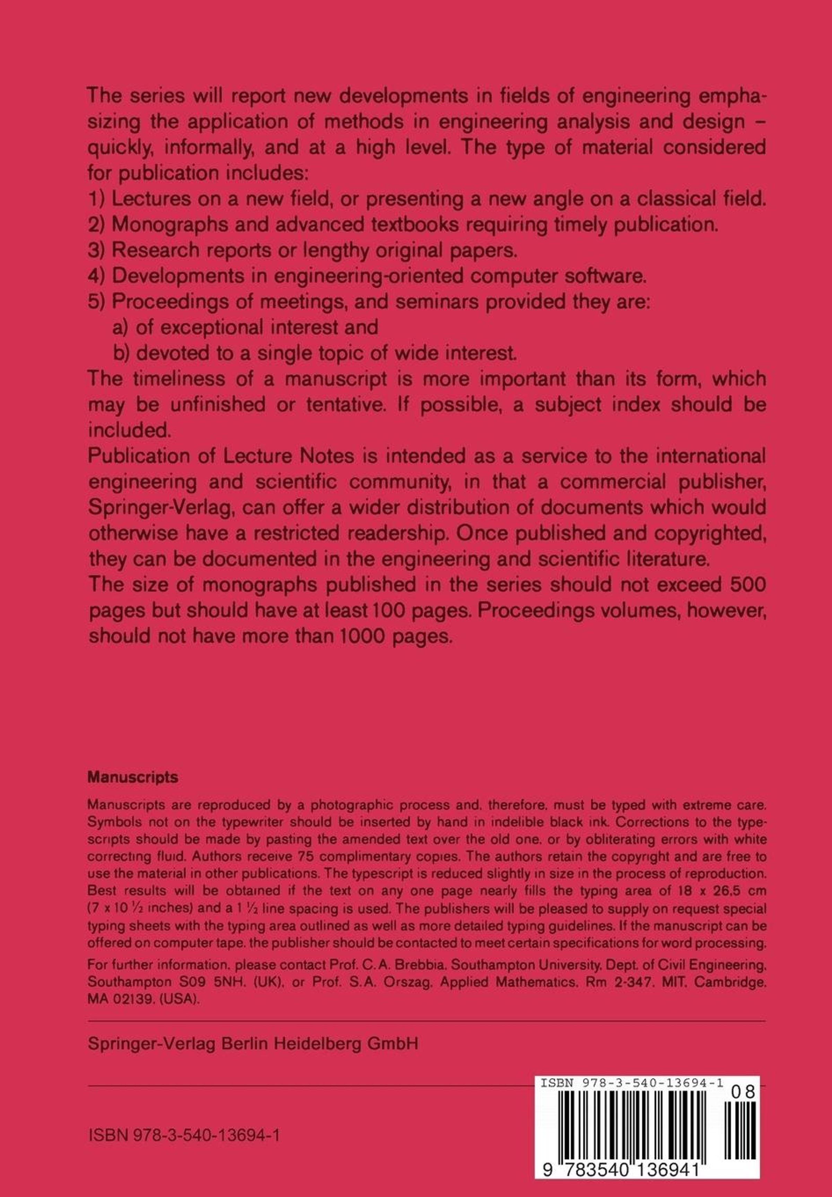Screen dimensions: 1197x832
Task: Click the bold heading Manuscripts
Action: [133, 777]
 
